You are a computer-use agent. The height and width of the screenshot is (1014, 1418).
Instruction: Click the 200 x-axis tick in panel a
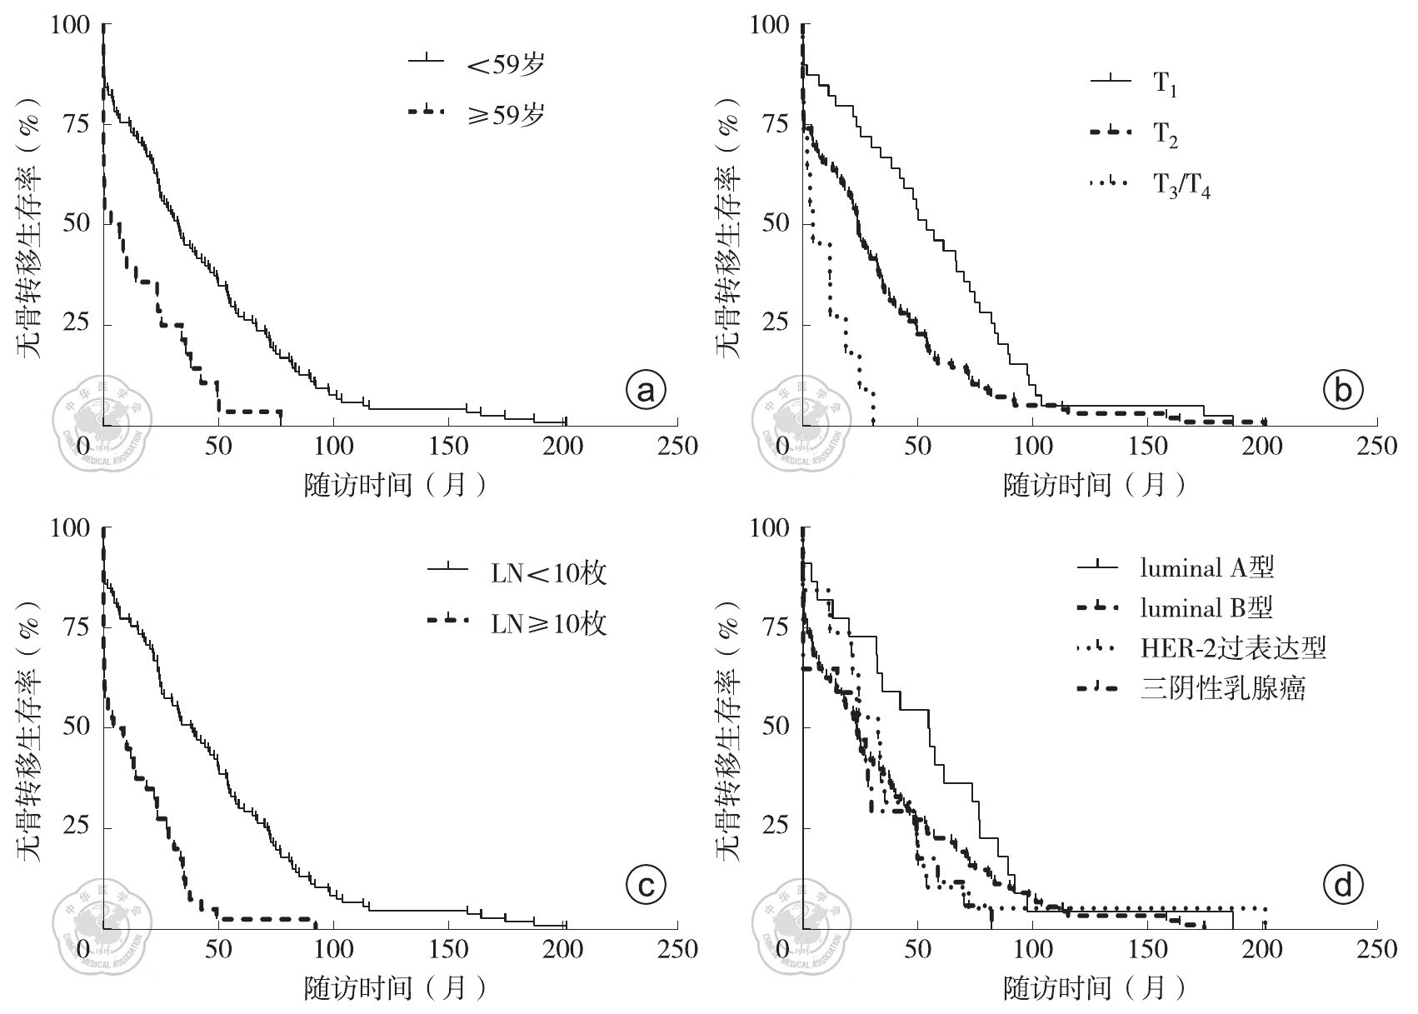point(564,447)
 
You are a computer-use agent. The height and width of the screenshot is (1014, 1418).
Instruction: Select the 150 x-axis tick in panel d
point(1147,949)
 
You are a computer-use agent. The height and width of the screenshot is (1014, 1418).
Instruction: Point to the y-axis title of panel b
point(730,225)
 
